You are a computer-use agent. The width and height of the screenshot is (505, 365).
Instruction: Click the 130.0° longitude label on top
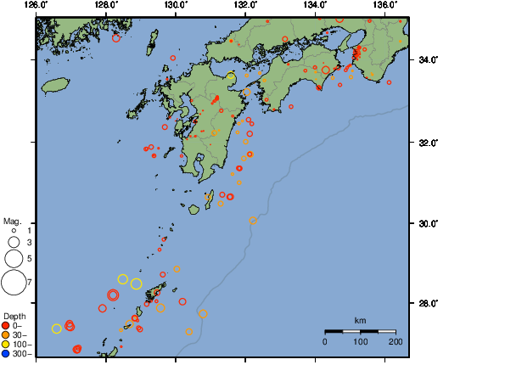[175, 5]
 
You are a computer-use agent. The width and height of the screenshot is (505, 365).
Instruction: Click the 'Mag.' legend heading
[14, 221]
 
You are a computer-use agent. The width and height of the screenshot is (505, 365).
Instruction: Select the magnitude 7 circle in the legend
[14, 281]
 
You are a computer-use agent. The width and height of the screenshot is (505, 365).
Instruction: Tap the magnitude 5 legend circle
[14, 257]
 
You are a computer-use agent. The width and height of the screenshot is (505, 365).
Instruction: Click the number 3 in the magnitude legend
[28, 243]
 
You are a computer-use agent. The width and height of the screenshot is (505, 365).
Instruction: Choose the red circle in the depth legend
[6, 325]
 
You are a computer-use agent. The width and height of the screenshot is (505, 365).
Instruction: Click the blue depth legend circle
[6, 353]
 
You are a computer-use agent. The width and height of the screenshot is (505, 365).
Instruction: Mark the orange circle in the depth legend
[6, 334]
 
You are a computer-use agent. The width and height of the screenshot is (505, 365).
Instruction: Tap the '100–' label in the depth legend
[20, 344]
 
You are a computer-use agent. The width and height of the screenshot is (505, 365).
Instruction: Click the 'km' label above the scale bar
[360, 320]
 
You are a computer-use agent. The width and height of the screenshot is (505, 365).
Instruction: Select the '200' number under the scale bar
[395, 341]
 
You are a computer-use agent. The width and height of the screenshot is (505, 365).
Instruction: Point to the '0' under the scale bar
[325, 341]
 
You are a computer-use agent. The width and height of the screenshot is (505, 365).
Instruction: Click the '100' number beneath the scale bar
[360, 341]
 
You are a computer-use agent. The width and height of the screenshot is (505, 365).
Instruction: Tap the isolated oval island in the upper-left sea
[55, 85]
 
